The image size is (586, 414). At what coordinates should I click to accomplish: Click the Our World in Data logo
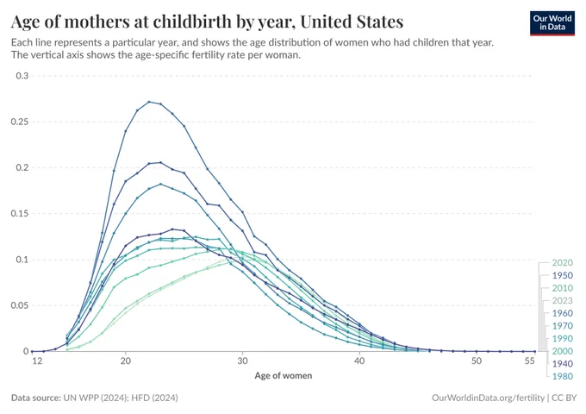tap(552, 23)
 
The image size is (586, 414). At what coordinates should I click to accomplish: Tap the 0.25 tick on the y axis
tap(20, 122)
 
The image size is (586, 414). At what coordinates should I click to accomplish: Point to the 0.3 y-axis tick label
tap(22, 76)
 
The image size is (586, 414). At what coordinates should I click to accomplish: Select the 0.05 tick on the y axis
tap(20, 305)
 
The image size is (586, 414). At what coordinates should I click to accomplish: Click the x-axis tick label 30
tap(242, 361)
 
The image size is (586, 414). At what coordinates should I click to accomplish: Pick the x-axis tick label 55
tap(529, 361)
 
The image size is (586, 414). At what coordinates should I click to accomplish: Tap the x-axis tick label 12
tap(37, 361)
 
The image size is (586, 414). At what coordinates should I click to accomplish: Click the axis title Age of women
tap(284, 375)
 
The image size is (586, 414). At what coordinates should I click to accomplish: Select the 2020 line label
tap(563, 263)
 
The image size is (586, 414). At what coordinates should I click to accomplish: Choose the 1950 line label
tap(563, 276)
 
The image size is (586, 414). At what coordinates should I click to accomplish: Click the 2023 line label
tap(563, 301)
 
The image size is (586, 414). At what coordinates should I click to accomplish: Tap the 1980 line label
tap(563, 376)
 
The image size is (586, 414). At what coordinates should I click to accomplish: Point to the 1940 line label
tap(563, 363)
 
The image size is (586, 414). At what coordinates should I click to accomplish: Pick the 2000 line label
tap(563, 351)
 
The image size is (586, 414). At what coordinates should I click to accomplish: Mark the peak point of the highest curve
tap(149, 102)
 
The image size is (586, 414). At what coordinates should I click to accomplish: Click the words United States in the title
tap(352, 22)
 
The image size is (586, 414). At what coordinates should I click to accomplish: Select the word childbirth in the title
tap(191, 22)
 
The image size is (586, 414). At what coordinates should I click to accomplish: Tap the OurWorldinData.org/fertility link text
tap(488, 398)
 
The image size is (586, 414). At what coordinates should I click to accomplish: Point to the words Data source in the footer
tap(36, 398)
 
